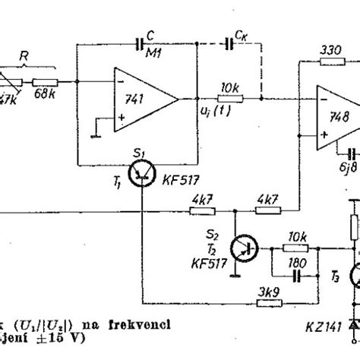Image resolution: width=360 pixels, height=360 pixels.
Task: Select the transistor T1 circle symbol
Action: point(142,176)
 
